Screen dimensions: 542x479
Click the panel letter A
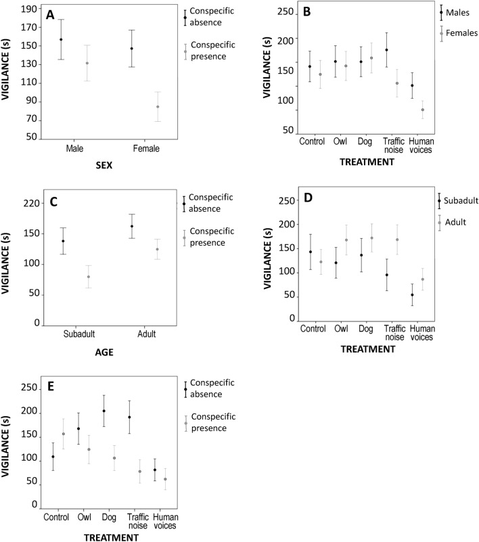49,14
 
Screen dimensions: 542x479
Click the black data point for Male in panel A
62,39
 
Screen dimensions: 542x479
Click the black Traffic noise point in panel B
386,50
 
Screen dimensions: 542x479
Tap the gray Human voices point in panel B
423,110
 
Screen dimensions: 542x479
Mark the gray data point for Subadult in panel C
69,277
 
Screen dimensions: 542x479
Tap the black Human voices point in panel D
411,295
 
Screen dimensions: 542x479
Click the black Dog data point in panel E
104,411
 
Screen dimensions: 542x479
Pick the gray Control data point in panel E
64,434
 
